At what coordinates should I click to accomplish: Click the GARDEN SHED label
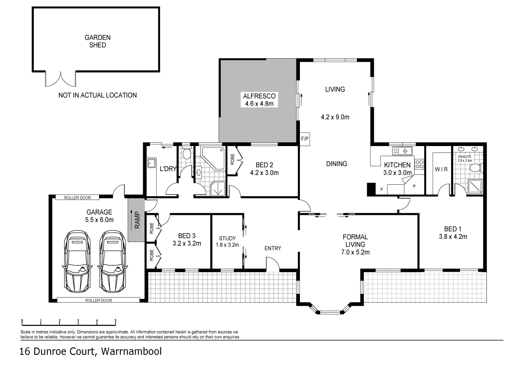click(x=97, y=41)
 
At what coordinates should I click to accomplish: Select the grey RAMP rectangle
click(x=136, y=220)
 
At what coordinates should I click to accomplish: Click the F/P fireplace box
click(x=305, y=139)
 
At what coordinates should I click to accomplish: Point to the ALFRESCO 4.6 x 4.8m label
click(x=259, y=100)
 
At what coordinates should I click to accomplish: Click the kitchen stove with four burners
click(x=419, y=164)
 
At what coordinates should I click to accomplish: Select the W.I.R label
click(x=441, y=169)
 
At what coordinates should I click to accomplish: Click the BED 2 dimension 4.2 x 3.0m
click(x=264, y=173)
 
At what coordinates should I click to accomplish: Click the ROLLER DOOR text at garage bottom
click(x=98, y=300)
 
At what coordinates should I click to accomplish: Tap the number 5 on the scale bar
click(x=115, y=320)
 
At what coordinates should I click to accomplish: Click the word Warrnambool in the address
click(x=131, y=351)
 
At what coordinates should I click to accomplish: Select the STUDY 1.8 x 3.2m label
click(x=227, y=242)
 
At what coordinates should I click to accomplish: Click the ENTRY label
click(x=273, y=248)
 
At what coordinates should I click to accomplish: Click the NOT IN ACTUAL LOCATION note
click(x=97, y=95)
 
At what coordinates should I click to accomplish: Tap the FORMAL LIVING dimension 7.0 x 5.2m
click(x=355, y=252)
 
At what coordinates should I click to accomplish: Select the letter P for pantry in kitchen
click(x=414, y=186)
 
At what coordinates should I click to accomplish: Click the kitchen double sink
click(x=402, y=150)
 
